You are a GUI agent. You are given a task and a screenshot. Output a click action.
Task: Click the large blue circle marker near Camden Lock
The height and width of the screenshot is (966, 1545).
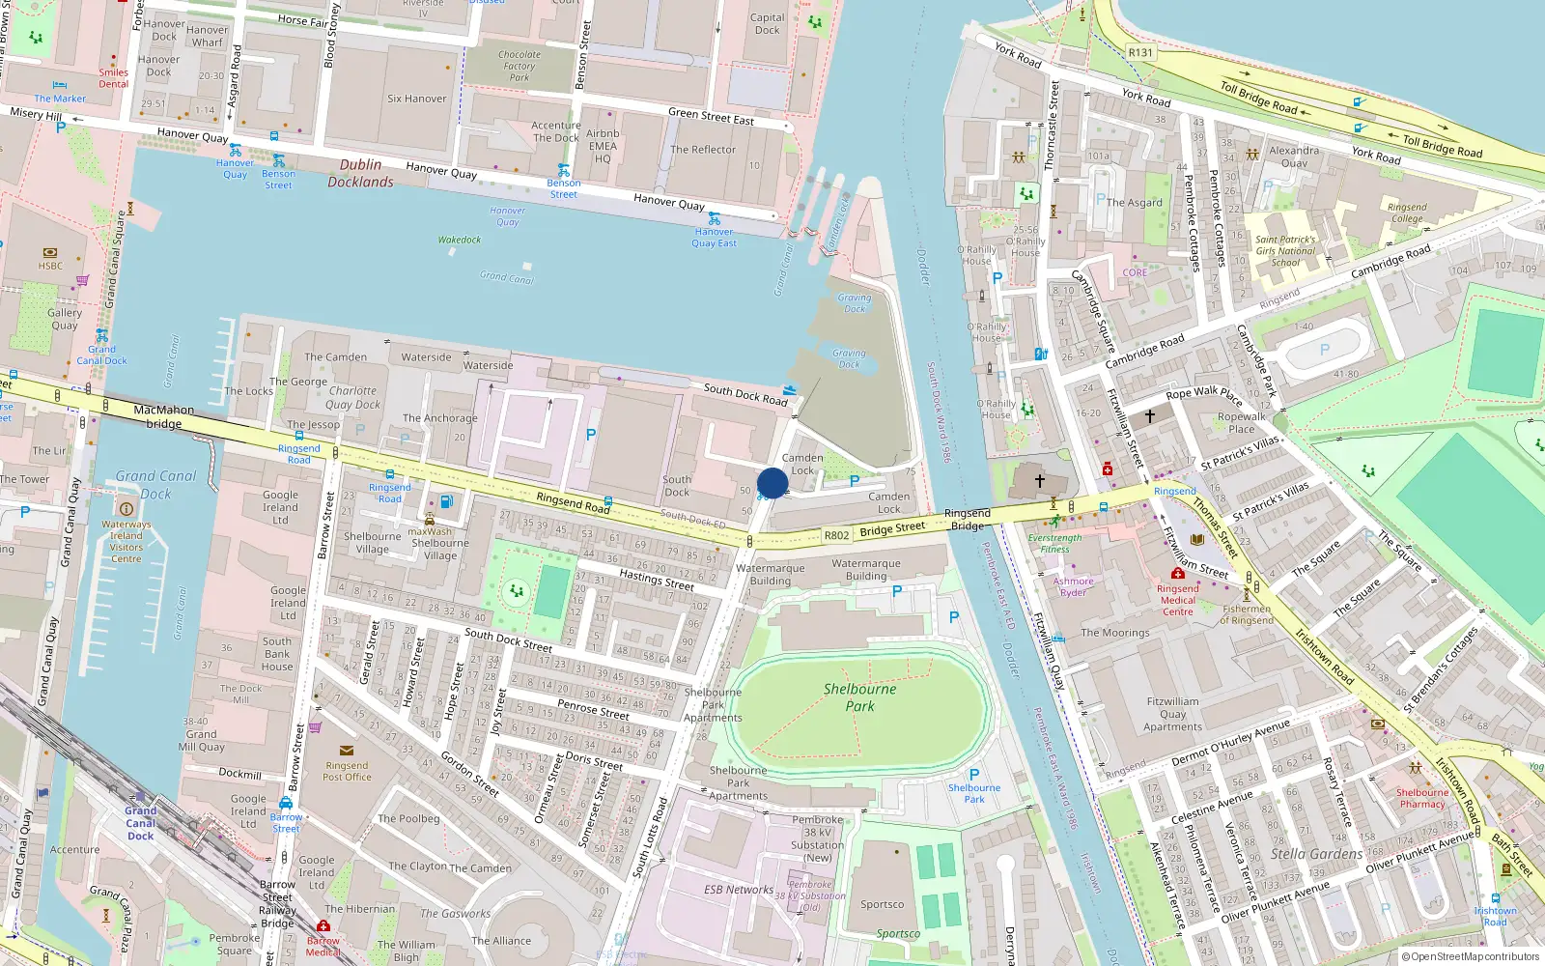pyautogui.click(x=772, y=483)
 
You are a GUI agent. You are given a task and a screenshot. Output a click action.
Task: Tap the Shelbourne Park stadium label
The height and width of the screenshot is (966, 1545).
pyautogui.click(x=859, y=697)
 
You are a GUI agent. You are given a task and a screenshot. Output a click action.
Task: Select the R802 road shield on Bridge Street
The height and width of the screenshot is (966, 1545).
pyautogui.click(x=836, y=535)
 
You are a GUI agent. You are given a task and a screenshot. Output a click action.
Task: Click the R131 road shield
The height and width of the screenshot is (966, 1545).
pyautogui.click(x=1140, y=53)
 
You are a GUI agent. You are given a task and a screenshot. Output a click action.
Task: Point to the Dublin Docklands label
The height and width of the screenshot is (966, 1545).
pyautogui.click(x=360, y=173)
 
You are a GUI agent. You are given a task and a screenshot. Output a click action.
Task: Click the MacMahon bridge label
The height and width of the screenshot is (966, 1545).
pyautogui.click(x=163, y=416)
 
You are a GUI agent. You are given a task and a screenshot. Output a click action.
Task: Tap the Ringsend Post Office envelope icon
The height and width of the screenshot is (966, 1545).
pyautogui.click(x=347, y=751)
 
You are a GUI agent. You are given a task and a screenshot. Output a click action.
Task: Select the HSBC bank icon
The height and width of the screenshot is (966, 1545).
pyautogui.click(x=50, y=253)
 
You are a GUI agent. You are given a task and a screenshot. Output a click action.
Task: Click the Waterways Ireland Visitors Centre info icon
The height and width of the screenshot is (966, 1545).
pyautogui.click(x=126, y=508)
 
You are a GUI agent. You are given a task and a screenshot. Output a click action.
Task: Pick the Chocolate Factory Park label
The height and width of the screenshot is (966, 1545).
pyautogui.click(x=520, y=66)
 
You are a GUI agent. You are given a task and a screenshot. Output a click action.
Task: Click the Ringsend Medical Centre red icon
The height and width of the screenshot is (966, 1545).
pyautogui.click(x=1177, y=574)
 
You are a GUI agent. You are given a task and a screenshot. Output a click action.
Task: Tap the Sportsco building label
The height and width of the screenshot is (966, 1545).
pyautogui.click(x=883, y=905)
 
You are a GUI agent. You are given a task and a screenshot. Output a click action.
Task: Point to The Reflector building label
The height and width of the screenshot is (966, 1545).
pyautogui.click(x=703, y=150)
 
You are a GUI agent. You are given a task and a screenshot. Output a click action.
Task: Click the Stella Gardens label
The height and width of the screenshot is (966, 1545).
pyautogui.click(x=1316, y=854)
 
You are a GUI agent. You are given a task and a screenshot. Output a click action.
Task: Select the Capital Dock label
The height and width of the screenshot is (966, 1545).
pyautogui.click(x=768, y=24)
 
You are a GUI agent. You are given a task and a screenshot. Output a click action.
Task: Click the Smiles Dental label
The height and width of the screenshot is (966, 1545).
pyautogui.click(x=113, y=78)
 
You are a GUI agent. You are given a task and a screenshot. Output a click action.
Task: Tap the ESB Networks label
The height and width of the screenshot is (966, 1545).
pyautogui.click(x=739, y=890)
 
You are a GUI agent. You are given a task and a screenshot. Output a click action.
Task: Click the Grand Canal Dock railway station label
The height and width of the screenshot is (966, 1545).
pyautogui.click(x=140, y=823)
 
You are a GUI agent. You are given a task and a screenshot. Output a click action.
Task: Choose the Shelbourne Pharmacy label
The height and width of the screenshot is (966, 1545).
pyautogui.click(x=1422, y=798)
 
